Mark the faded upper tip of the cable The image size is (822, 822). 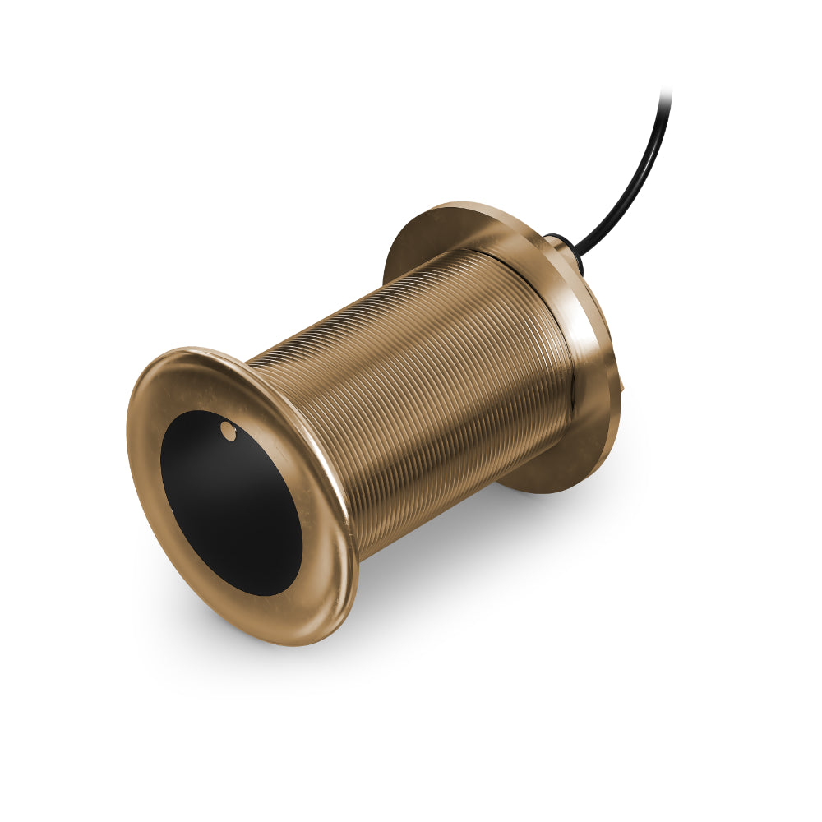coord(665,94)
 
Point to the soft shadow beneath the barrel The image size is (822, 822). coord(460,567)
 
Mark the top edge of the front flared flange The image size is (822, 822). coord(197,352)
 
